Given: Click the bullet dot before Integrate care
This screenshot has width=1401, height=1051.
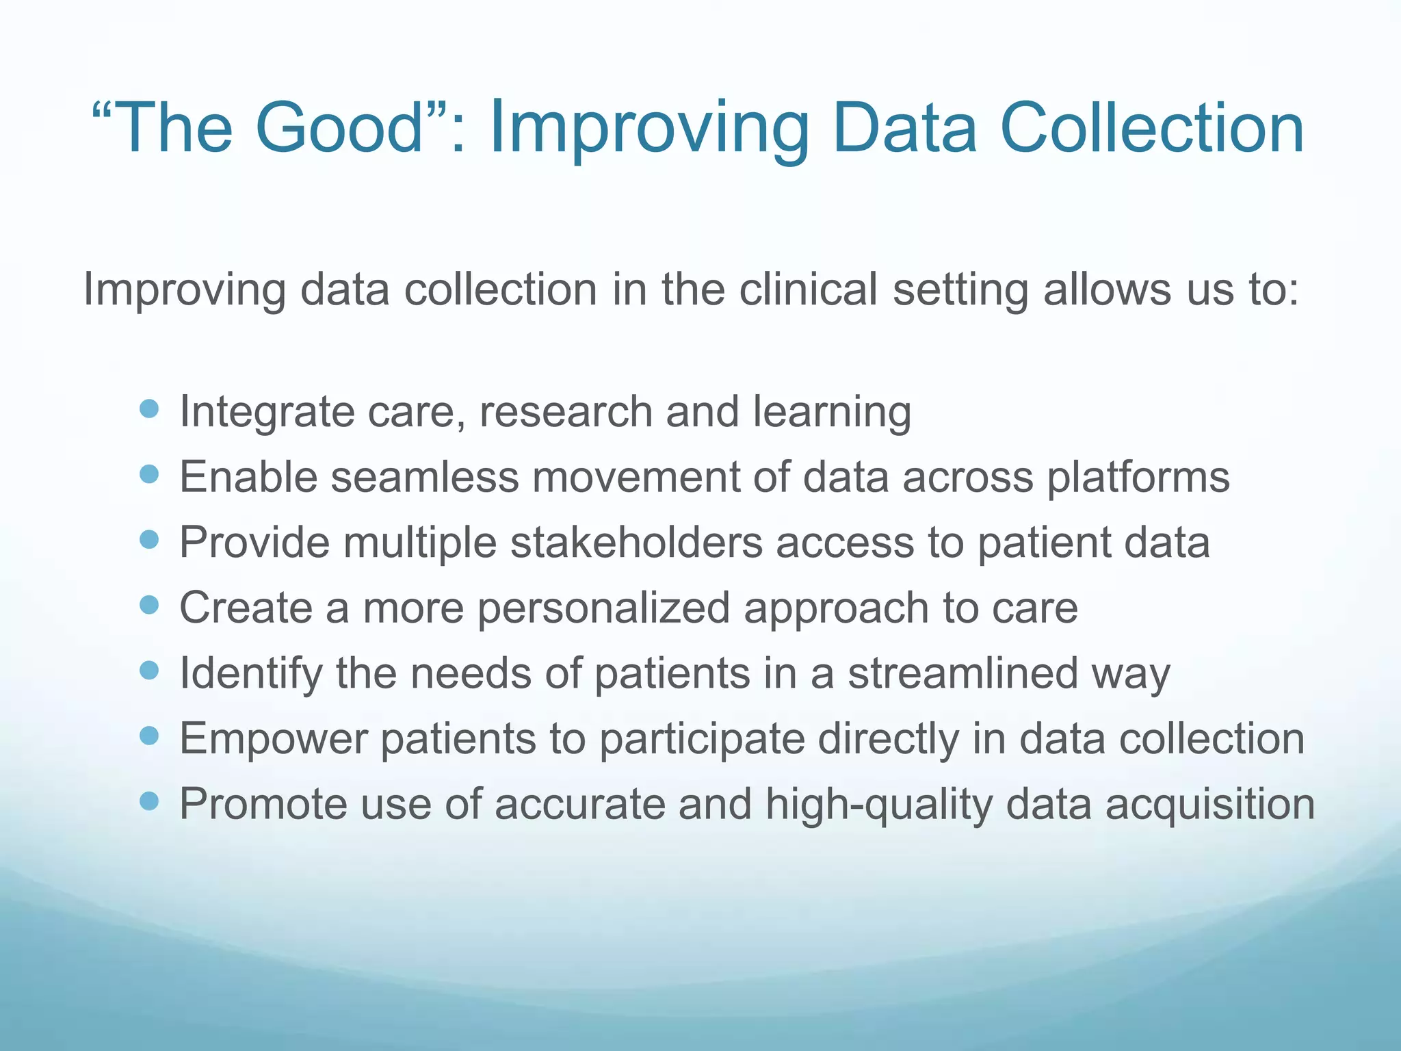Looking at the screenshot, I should click(148, 409).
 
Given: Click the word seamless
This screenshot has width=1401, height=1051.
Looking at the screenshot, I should click(425, 477).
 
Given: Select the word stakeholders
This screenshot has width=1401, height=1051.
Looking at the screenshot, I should click(636, 543).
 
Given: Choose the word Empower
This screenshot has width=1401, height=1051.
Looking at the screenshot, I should click(274, 740).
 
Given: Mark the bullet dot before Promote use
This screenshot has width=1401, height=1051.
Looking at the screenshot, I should click(148, 801).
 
